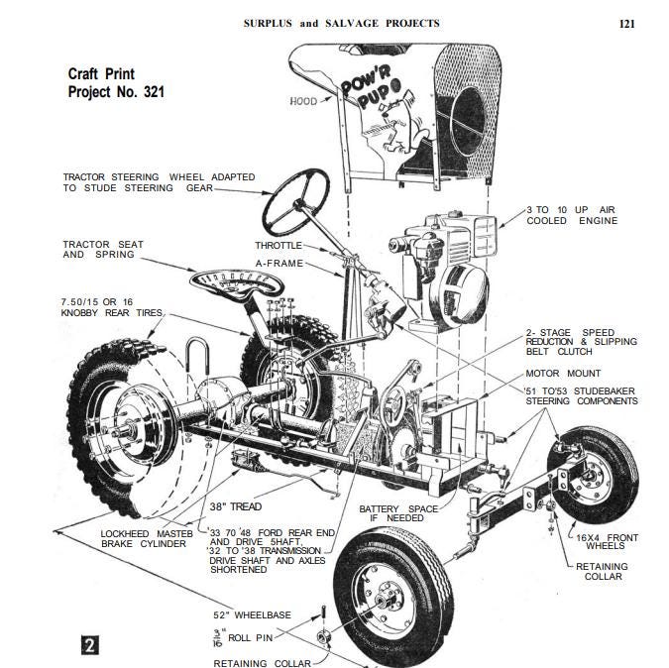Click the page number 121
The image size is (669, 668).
(x=626, y=23)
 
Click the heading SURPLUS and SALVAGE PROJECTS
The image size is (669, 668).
(x=342, y=23)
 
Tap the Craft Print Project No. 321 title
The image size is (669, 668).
(x=116, y=83)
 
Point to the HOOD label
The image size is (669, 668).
(x=303, y=101)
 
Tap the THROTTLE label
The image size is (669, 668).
(x=279, y=245)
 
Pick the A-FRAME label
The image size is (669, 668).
(x=279, y=264)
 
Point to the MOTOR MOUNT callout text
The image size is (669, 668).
(x=563, y=374)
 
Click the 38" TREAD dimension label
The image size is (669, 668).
(x=234, y=506)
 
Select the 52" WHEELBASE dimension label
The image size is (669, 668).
(x=252, y=614)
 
